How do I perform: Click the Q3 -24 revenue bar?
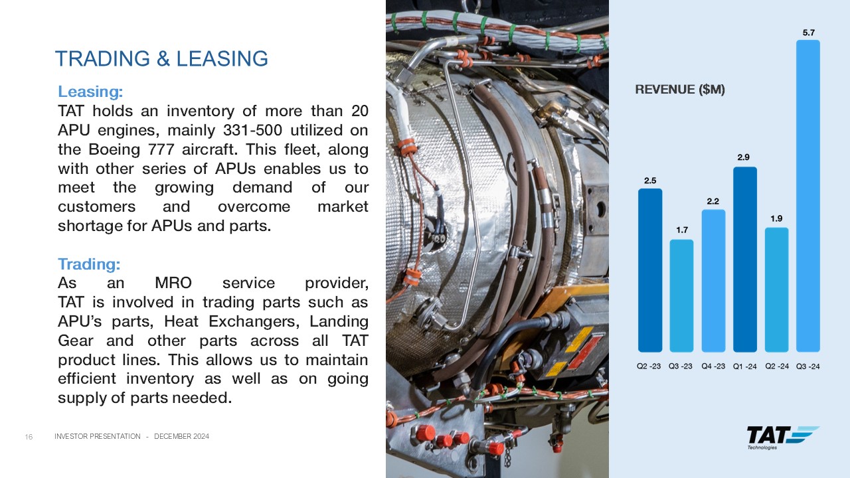click(x=808, y=196)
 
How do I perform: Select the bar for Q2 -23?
click(x=650, y=270)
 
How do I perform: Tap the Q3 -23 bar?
click(x=681, y=295)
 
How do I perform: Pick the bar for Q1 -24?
click(x=745, y=259)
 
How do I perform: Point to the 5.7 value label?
click(x=808, y=33)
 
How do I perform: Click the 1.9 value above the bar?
click(x=776, y=218)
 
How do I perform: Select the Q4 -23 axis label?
click(x=713, y=366)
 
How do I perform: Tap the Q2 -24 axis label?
click(x=777, y=366)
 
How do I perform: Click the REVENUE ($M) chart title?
click(x=680, y=90)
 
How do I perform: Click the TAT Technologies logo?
click(x=783, y=438)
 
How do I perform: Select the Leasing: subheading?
click(x=90, y=92)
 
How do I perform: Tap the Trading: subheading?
click(x=89, y=264)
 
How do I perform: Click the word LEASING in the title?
click(x=222, y=59)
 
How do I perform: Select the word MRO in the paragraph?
click(x=173, y=283)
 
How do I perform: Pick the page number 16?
click(x=29, y=437)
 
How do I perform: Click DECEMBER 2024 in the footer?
click(x=181, y=437)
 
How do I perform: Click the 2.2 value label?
click(x=713, y=201)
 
